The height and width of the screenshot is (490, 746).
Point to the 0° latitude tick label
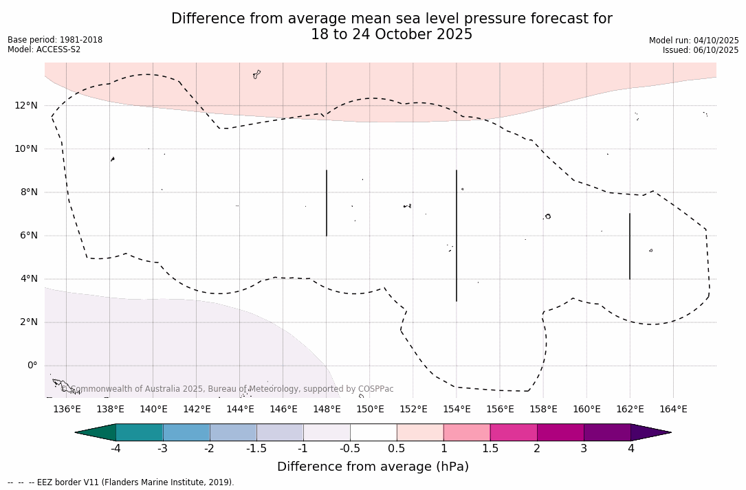[x=32, y=366]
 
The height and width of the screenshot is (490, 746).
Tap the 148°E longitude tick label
[x=327, y=410]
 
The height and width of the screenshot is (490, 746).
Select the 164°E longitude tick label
[x=673, y=410]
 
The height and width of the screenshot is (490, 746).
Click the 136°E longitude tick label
[x=67, y=410]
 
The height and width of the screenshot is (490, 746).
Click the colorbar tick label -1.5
[x=256, y=449]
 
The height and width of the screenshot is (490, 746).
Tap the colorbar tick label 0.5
[x=397, y=449]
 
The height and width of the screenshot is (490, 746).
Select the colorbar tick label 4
[x=630, y=449]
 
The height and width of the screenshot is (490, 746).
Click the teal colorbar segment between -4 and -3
[x=140, y=432]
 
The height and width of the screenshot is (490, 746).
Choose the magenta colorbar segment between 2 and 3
[x=560, y=432]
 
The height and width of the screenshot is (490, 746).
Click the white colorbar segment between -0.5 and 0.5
[x=373, y=432]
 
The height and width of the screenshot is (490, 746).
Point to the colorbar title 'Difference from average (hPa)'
[x=373, y=467]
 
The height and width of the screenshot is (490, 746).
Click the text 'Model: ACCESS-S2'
[x=44, y=49]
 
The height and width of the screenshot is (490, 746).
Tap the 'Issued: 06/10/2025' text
[x=701, y=50]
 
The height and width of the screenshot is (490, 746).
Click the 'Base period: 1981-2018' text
[x=55, y=40]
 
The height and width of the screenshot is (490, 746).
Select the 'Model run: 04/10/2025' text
[x=694, y=41]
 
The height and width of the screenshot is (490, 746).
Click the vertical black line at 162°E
[x=630, y=246]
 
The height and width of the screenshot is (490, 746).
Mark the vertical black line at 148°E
[x=327, y=203]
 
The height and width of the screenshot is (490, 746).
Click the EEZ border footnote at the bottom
[x=121, y=482]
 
